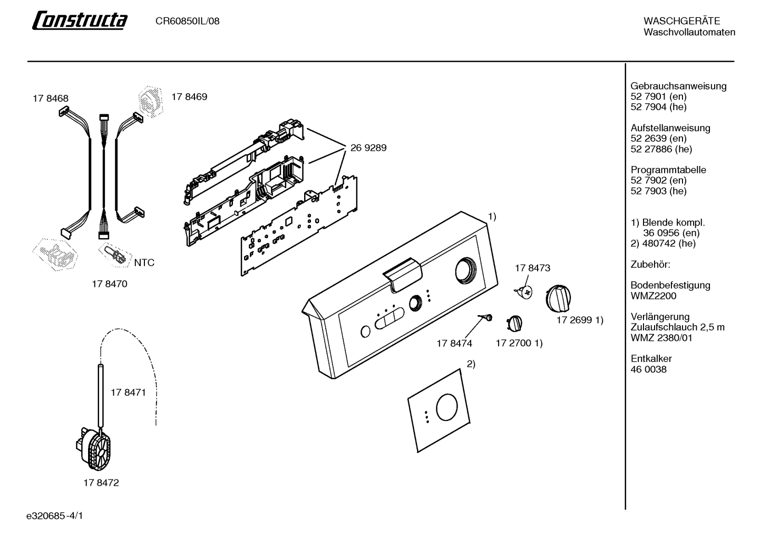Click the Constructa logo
[x=80, y=20]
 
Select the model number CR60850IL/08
[x=187, y=21]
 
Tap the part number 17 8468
[x=50, y=99]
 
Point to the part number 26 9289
[x=368, y=148]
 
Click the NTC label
[x=144, y=262]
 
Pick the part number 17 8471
[x=128, y=393]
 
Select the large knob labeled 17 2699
[x=558, y=298]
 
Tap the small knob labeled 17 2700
[x=514, y=323]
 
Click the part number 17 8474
[x=454, y=344]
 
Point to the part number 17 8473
[x=532, y=268]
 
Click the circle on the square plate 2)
[x=447, y=407]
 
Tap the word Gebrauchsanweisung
[x=678, y=86]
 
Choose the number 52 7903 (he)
[x=659, y=191]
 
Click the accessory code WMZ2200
[x=653, y=296]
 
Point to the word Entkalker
[x=651, y=358]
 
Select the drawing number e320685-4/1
[x=55, y=516]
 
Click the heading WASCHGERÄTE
[x=681, y=21]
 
